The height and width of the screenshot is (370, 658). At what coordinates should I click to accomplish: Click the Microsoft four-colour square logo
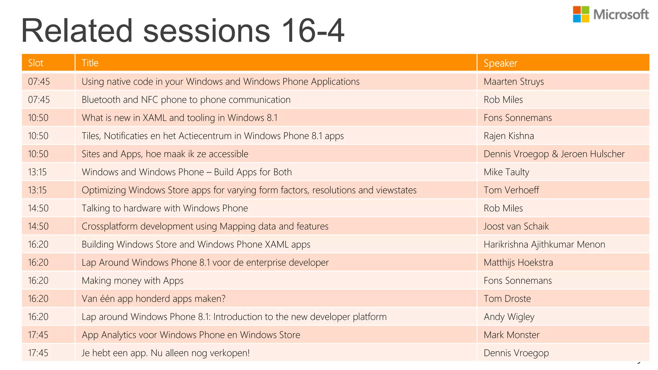(581, 14)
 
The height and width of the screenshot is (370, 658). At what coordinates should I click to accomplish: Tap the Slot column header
(35, 63)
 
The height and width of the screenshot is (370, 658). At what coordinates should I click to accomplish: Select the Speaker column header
(500, 63)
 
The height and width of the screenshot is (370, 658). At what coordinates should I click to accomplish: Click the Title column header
(90, 63)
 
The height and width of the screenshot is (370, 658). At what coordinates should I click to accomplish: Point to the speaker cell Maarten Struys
(513, 82)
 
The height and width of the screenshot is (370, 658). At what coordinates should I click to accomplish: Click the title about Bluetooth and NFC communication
(186, 100)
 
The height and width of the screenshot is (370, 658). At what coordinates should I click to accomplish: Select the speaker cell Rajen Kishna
(509, 136)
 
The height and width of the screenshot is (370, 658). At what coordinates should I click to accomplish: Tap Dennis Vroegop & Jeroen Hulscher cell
(554, 154)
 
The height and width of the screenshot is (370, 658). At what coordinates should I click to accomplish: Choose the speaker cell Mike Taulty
(506, 172)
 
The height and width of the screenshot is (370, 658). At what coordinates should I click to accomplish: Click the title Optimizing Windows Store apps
(249, 190)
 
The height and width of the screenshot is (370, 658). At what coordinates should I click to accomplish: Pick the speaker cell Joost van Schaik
(516, 226)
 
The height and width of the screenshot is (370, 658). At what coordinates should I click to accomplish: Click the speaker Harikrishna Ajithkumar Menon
(544, 244)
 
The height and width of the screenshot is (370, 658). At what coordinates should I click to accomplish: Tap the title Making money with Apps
(132, 281)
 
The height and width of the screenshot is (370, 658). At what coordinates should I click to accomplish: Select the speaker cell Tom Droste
(507, 299)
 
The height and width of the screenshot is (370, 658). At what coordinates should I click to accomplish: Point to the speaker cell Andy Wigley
(509, 317)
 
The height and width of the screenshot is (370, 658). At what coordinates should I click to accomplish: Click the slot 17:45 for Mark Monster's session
(38, 335)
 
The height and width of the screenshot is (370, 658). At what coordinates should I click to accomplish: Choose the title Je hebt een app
(165, 353)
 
